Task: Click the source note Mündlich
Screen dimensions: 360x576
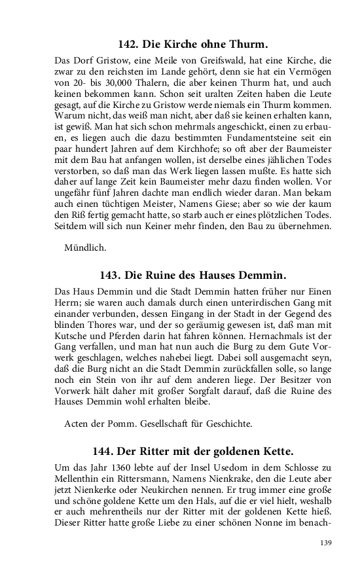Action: click(86, 248)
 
